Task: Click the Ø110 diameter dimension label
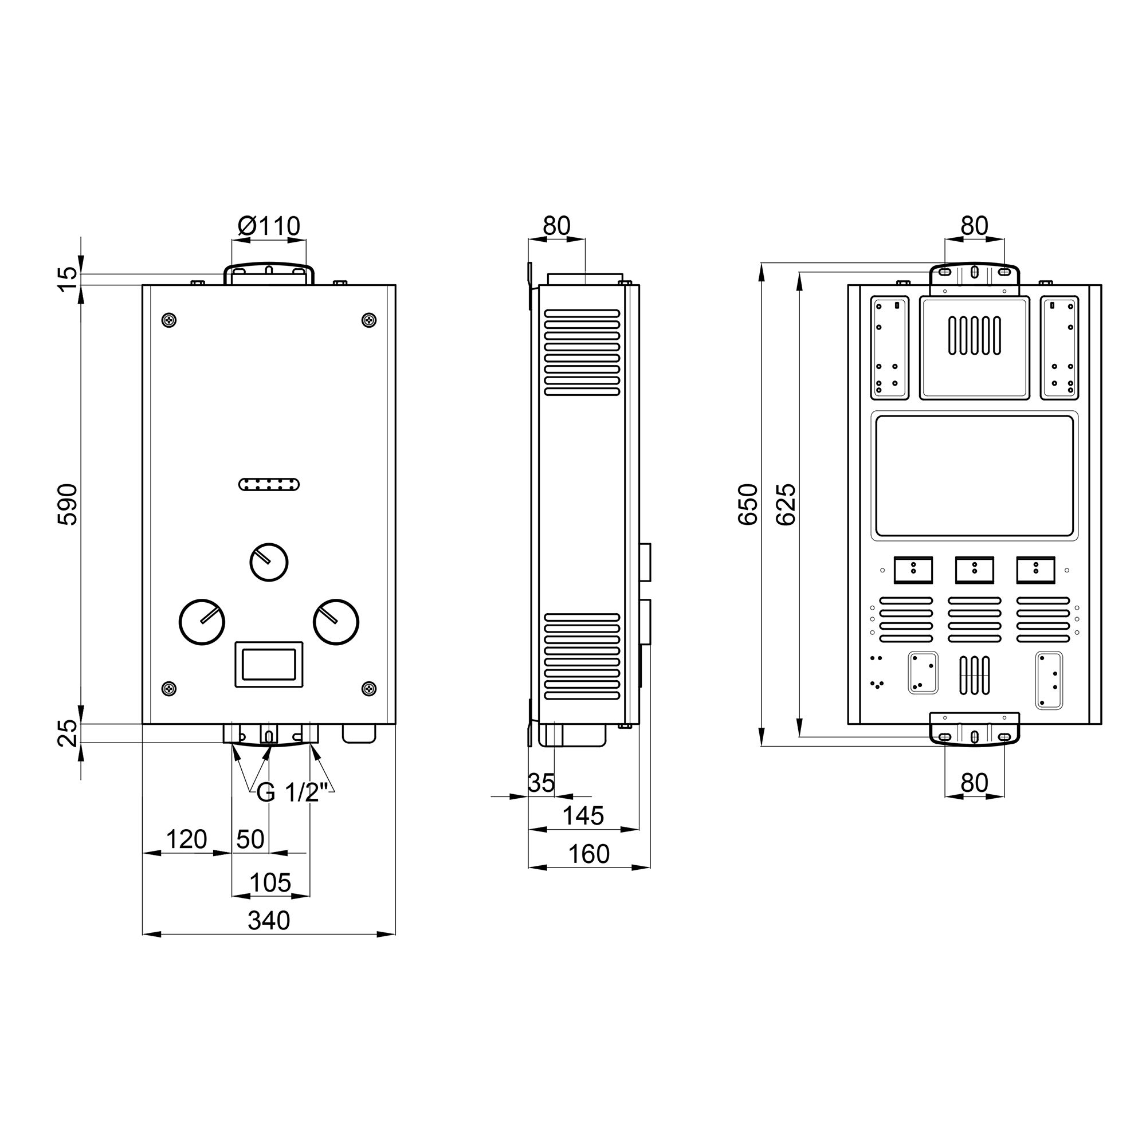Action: [x=269, y=226]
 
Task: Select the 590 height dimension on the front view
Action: [x=68, y=504]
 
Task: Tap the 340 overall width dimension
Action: [x=269, y=921]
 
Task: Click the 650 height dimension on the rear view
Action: [x=749, y=504]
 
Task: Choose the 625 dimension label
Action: [x=787, y=504]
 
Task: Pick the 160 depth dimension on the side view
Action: [x=588, y=854]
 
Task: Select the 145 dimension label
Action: [x=583, y=816]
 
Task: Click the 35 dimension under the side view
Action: [x=541, y=783]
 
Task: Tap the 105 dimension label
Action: [x=270, y=882]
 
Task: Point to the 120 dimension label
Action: [x=186, y=840]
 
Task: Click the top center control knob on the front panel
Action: [x=269, y=561]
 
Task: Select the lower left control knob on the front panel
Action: [x=202, y=622]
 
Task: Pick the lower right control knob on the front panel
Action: [x=336, y=622]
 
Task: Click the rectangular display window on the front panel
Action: [x=269, y=664]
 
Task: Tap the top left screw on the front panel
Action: [x=170, y=320]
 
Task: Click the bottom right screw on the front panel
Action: [x=369, y=688]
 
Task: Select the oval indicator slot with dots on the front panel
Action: [x=269, y=485]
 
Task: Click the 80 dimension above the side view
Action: [x=556, y=226]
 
